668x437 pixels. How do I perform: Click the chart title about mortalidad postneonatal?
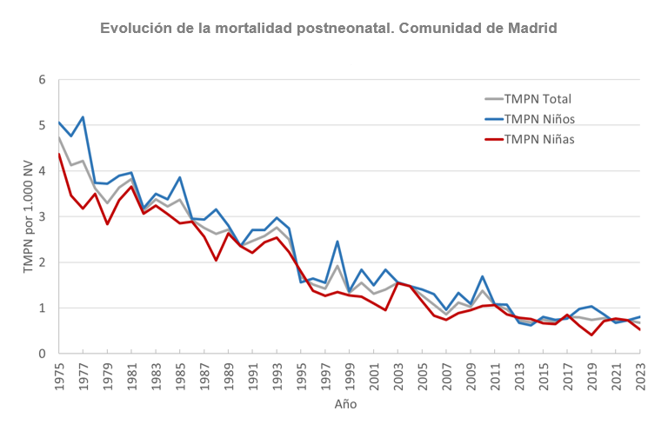pos(329,28)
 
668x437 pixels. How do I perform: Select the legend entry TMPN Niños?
pos(539,118)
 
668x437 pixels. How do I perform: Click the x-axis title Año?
pos(345,405)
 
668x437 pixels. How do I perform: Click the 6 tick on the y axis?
pos(41,80)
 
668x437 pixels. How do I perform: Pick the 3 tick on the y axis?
pos(41,217)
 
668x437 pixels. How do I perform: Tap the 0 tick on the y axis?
pos(41,354)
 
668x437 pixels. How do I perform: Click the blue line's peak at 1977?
pos(83,117)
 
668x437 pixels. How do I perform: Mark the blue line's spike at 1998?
pos(337,242)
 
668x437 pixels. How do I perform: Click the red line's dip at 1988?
pos(216,260)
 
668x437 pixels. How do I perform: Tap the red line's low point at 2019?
pos(591,335)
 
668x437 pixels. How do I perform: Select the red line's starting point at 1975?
pos(59,154)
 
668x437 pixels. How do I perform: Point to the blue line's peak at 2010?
pos(483,276)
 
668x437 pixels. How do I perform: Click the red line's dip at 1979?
pos(107,224)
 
